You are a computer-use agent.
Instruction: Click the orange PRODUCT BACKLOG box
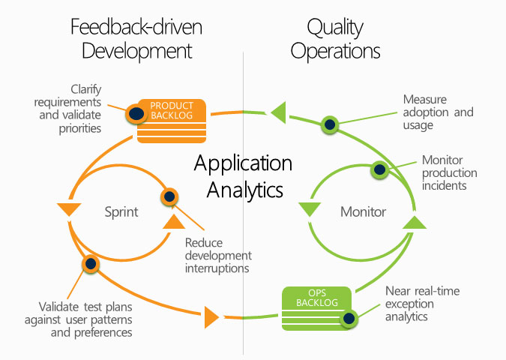click(x=172, y=118)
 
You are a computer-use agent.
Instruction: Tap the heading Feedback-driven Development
click(x=136, y=39)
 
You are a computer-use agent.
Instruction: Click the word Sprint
click(x=121, y=211)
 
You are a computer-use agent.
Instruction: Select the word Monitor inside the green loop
click(x=363, y=211)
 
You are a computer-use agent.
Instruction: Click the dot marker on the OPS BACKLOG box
click(x=349, y=319)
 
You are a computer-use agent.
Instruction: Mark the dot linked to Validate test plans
click(x=91, y=263)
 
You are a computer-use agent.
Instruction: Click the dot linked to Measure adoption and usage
click(x=328, y=124)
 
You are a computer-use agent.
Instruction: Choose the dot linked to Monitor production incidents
click(x=379, y=169)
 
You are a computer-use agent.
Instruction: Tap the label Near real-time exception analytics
click(x=422, y=304)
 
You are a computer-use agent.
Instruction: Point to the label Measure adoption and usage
click(x=438, y=112)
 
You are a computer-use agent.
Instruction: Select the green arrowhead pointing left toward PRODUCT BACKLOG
click(x=278, y=112)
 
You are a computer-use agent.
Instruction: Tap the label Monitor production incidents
click(x=449, y=172)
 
